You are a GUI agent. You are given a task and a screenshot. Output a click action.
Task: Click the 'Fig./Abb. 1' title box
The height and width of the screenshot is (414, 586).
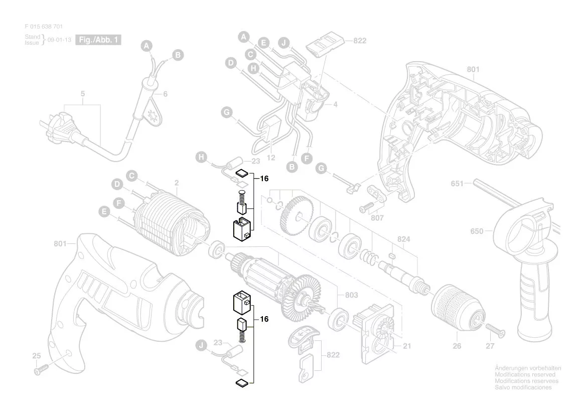98,40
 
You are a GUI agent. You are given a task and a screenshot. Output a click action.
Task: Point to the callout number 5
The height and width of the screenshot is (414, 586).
83,94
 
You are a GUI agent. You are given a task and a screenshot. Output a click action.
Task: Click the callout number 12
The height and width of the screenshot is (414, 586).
271,158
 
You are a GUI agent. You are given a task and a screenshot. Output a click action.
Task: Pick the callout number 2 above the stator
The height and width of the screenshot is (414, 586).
177,183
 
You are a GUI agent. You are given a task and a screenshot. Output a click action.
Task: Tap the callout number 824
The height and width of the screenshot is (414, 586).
403,239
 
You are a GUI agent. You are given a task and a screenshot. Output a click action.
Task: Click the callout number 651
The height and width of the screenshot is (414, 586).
457,184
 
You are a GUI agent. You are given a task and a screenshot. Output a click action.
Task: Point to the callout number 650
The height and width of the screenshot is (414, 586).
477,231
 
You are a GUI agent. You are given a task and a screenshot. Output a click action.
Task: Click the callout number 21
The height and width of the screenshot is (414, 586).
407,346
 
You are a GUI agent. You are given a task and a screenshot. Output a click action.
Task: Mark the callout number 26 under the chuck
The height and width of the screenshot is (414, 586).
457,346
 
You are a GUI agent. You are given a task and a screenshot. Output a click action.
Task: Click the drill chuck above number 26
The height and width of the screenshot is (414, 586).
456,309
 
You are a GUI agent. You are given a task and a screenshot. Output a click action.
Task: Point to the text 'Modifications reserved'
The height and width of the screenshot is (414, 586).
525,375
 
